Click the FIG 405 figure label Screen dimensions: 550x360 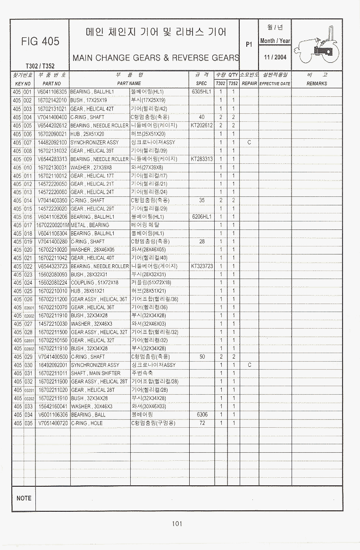pos(40,42)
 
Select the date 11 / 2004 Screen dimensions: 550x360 pos(275,57)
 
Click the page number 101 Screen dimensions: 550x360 pos(177,523)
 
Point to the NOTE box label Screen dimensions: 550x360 pos(24,498)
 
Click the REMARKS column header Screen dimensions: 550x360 pos(317,84)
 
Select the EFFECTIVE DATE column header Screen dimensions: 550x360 pos(275,84)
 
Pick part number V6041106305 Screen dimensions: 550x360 pos(52,92)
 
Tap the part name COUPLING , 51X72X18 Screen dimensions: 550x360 pos(94,282)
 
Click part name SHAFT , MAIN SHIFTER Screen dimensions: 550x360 pos(95,373)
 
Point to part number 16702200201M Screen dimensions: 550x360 pos(52,225)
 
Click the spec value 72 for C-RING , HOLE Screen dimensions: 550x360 pos(202,423)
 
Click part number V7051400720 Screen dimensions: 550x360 pos(52,423)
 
